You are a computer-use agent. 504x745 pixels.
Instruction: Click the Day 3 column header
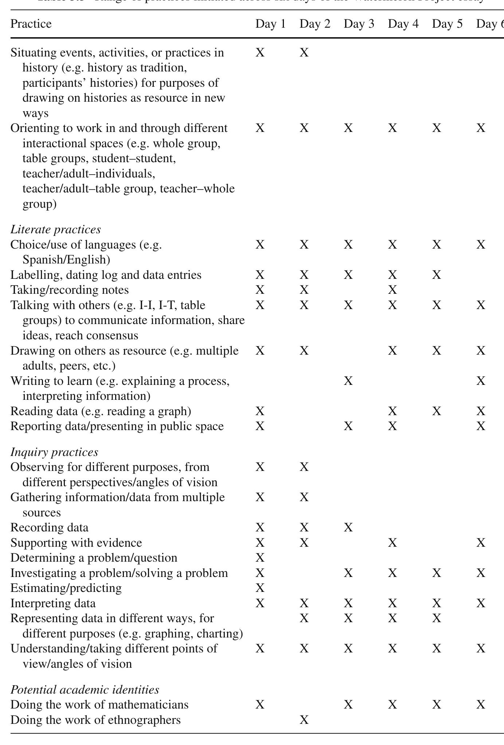pyautogui.click(x=359, y=24)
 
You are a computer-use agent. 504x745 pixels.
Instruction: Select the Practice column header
pyautogui.click(x=31, y=24)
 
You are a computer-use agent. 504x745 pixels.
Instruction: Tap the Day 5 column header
pyautogui.click(x=447, y=24)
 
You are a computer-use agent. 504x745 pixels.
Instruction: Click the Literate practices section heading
pyautogui.click(x=55, y=229)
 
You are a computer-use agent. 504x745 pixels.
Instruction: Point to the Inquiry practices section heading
pyautogui.click(x=54, y=452)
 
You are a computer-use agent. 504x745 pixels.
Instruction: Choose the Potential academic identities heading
pyautogui.click(x=85, y=690)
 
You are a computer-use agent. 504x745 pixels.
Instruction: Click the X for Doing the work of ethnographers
pyautogui.click(x=304, y=720)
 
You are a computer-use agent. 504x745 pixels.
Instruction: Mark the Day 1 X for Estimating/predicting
pyautogui.click(x=260, y=588)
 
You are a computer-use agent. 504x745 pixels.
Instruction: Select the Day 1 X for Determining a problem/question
pyautogui.click(x=260, y=558)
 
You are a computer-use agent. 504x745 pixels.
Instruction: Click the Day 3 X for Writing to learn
pyautogui.click(x=348, y=381)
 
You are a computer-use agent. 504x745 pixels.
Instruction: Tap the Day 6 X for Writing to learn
pyautogui.click(x=481, y=381)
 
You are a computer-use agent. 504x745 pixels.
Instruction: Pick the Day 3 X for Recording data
pyautogui.click(x=348, y=527)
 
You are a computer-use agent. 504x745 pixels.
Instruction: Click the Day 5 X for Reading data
pyautogui.click(x=437, y=411)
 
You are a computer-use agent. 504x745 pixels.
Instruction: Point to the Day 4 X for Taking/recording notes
pyautogui.click(x=392, y=290)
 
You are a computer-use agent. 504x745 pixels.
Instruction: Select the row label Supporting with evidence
pyautogui.click(x=76, y=543)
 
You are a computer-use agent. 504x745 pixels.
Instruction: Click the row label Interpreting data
pyautogui.click(x=53, y=603)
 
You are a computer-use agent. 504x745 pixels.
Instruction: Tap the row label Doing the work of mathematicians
pyautogui.click(x=99, y=705)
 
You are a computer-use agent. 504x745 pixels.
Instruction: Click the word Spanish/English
pyautogui.click(x=66, y=260)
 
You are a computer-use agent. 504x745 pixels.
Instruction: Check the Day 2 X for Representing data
pyautogui.click(x=304, y=618)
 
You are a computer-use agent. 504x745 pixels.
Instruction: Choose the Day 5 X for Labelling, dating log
pyautogui.click(x=437, y=275)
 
